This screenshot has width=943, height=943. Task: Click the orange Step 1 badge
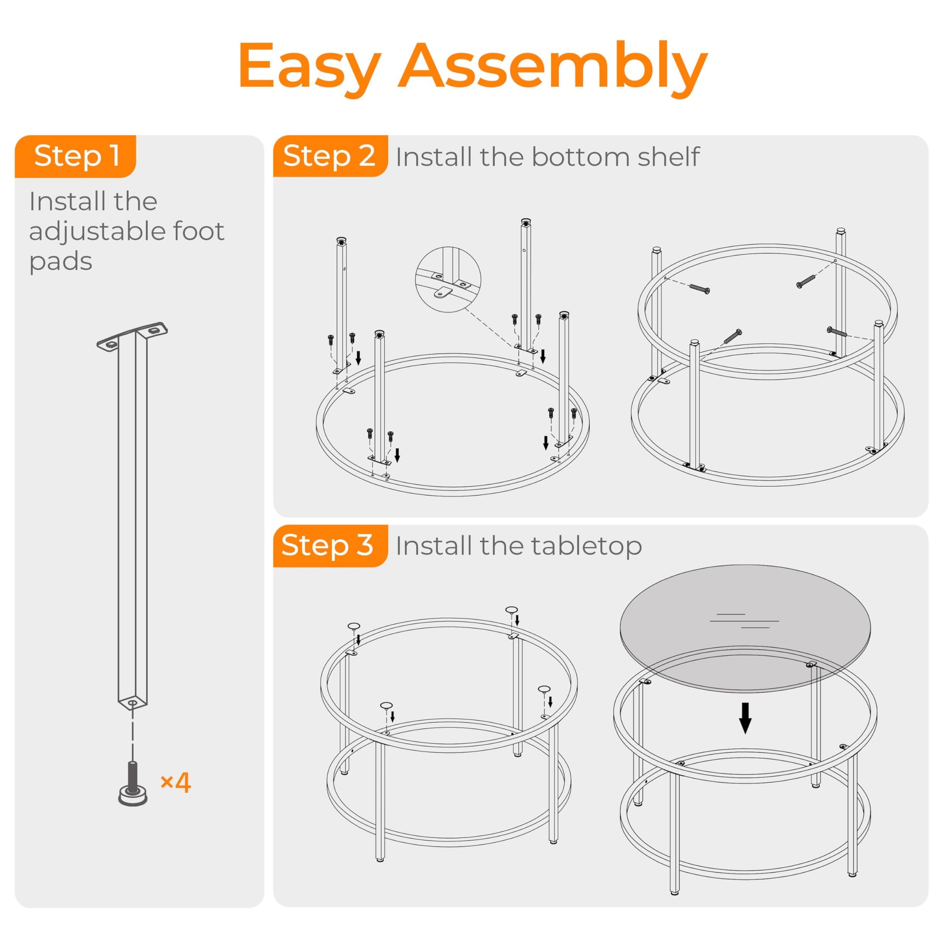pos(76,156)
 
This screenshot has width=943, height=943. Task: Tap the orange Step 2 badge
pos(330,156)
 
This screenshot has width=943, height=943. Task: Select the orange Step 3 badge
pos(330,546)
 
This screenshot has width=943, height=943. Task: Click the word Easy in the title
pos(310,67)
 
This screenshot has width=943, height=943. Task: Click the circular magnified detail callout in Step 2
pos(448,279)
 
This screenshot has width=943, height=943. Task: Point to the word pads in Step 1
pos(61,262)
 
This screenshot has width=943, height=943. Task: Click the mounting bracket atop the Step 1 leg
pos(132,336)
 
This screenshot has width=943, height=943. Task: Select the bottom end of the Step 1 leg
pos(133,703)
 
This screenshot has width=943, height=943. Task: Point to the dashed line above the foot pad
pos(132,735)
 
